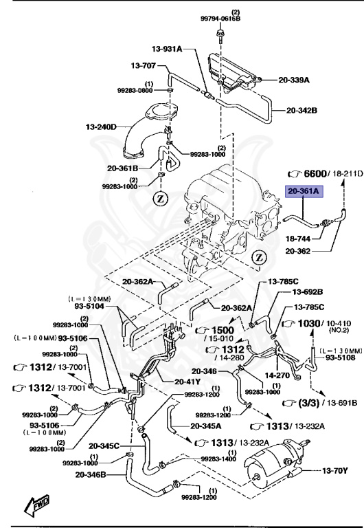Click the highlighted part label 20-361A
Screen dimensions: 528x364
coord(304,192)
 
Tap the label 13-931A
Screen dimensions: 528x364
coord(167,49)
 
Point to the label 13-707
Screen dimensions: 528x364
coord(144,66)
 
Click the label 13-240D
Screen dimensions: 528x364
coord(102,126)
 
